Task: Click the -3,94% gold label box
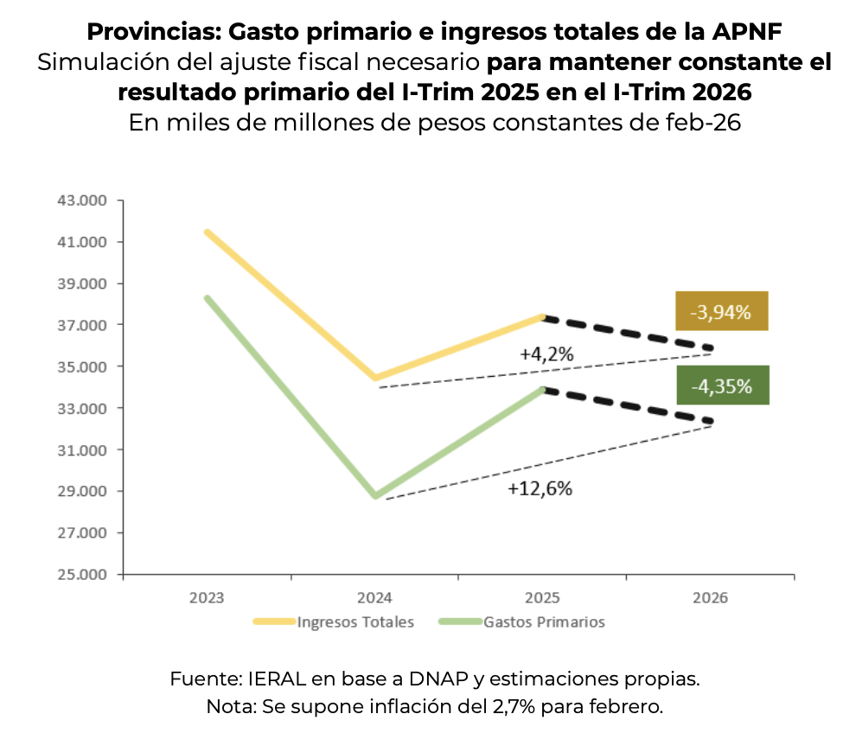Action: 722,311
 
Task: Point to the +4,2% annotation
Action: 546,354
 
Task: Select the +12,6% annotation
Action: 540,488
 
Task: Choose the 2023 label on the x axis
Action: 208,598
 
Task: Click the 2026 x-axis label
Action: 711,598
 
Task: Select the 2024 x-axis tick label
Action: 375,598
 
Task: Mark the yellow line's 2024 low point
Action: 375,378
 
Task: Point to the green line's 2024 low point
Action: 375,496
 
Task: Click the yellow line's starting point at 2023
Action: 208,232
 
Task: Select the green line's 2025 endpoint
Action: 543,390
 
